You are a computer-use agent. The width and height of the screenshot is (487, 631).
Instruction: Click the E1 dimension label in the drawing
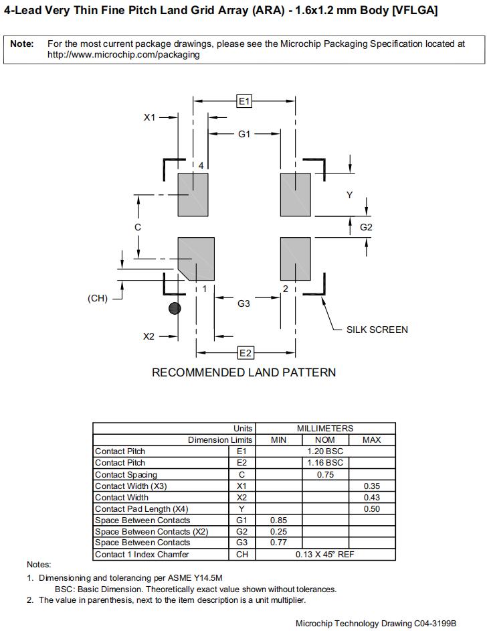[244, 101]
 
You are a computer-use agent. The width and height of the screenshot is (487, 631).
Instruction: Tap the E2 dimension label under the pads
[245, 353]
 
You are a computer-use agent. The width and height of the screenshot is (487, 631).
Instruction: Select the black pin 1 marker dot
[175, 308]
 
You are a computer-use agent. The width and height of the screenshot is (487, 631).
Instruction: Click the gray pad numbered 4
[193, 194]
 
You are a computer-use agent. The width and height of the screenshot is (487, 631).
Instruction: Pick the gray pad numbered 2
[295, 259]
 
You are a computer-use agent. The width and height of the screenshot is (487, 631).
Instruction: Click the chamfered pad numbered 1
[197, 258]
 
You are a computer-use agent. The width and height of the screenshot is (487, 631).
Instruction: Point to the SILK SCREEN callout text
[377, 330]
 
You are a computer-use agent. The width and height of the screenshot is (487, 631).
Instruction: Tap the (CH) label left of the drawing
[98, 298]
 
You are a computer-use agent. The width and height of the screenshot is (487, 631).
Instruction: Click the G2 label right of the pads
[366, 227]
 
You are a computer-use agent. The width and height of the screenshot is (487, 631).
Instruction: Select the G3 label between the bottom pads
[243, 303]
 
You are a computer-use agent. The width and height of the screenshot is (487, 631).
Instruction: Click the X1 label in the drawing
[150, 117]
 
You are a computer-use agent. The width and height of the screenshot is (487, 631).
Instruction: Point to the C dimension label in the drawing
[138, 227]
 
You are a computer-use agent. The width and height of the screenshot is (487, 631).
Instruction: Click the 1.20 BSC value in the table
[325, 451]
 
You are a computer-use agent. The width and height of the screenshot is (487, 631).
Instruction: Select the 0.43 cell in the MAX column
[372, 497]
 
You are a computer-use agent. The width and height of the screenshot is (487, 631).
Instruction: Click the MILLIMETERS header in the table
[325, 428]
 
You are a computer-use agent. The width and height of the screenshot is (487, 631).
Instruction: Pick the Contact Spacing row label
[126, 474]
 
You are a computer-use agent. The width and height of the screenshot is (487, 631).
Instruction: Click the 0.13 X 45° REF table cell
[325, 555]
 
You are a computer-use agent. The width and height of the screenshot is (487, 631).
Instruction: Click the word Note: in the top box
[22, 44]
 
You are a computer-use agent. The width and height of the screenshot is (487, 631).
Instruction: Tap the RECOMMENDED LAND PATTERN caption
[243, 372]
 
